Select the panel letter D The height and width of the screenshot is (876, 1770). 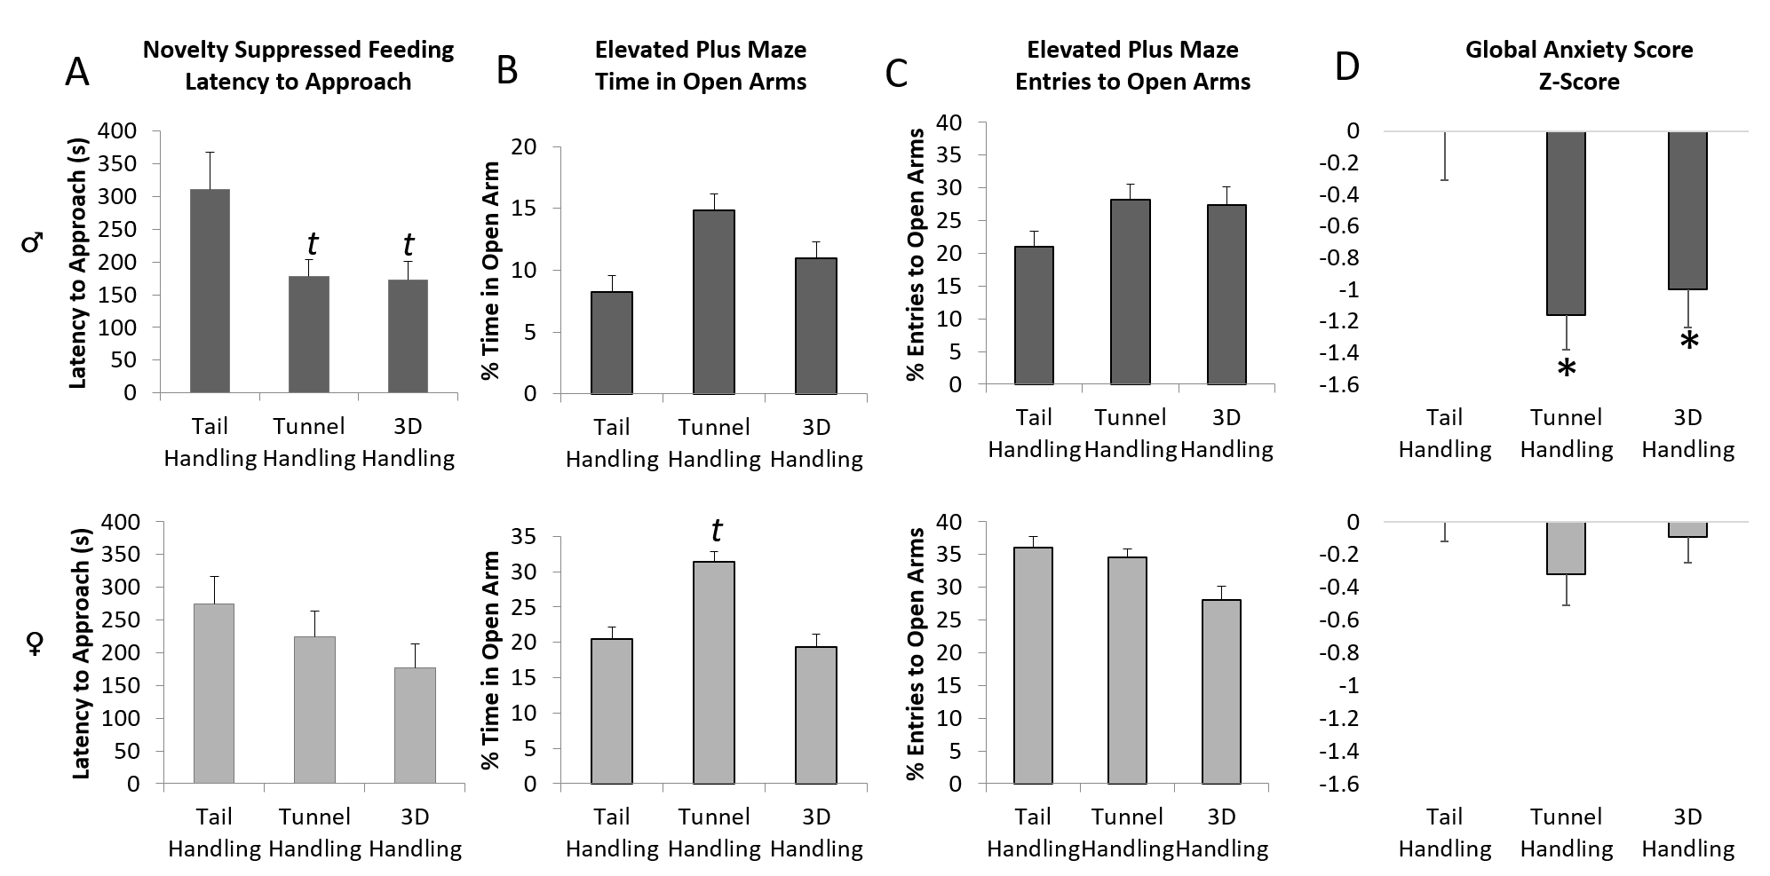coord(1346,67)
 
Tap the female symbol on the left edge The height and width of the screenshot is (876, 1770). coord(36,643)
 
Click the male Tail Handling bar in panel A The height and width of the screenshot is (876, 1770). coord(210,291)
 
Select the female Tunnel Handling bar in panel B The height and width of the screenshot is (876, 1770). coord(714,673)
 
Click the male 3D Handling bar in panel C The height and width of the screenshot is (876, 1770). coord(1226,295)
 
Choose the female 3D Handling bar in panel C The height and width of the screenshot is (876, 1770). coord(1221,692)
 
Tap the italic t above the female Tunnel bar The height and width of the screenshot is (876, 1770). coord(716,531)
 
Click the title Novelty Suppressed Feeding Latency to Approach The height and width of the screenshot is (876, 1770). coord(298,66)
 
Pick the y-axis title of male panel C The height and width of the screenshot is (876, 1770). coord(915,254)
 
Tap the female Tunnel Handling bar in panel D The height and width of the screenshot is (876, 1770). coord(1567,548)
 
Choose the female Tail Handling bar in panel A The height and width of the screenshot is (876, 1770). coord(214,694)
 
